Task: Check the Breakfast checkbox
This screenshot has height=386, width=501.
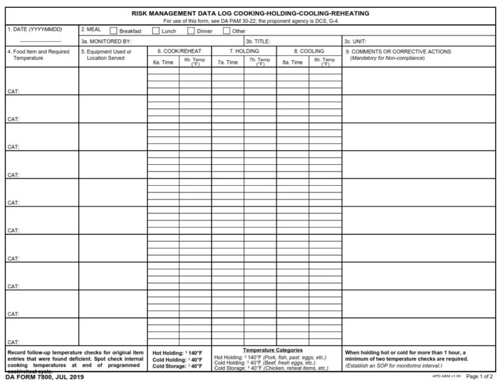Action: tap(114, 30)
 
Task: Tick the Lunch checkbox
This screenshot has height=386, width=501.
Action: tap(156, 30)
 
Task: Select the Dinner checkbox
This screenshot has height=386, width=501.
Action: tap(191, 30)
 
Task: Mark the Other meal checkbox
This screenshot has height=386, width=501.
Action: tap(226, 30)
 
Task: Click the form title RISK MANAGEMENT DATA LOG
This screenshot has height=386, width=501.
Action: tap(250, 13)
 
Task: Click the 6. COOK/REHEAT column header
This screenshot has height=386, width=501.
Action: tap(179, 51)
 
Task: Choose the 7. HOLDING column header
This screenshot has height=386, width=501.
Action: tap(243, 51)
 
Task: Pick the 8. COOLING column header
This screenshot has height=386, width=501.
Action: tap(309, 51)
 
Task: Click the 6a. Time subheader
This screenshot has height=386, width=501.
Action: tap(162, 62)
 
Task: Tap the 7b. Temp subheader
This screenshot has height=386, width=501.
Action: tap(260, 62)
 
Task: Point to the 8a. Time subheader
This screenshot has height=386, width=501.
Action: tap(292, 62)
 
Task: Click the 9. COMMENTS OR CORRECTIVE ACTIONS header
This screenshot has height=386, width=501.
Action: tap(398, 51)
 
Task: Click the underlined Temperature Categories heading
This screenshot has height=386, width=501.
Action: tap(277, 350)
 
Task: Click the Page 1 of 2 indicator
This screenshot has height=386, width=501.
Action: tap(481, 378)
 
